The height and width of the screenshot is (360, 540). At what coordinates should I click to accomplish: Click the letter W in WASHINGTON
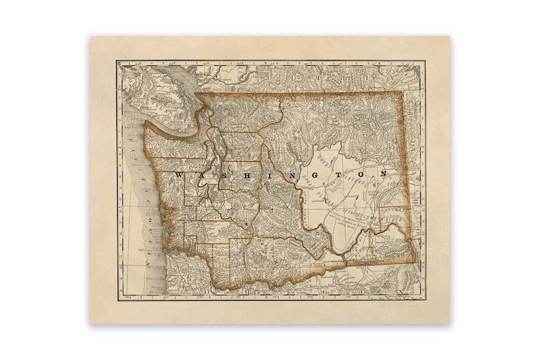pyautogui.click(x=179, y=175)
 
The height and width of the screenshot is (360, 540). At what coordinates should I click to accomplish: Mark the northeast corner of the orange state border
pyautogui.click(x=403, y=93)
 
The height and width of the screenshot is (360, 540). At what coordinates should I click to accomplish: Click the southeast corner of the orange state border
pyautogui.click(x=414, y=261)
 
